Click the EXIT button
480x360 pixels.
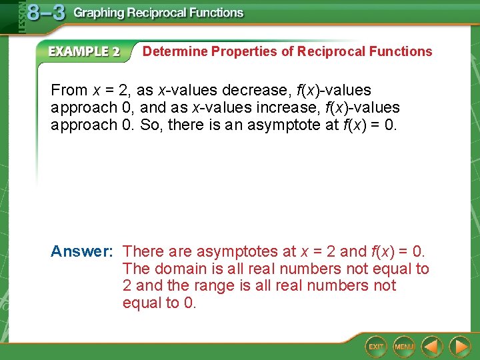[x=377, y=346]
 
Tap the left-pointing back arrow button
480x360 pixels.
[x=432, y=346]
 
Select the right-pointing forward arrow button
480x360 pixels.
[x=459, y=346]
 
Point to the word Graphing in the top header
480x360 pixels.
[x=100, y=13]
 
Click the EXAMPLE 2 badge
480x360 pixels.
[x=83, y=52]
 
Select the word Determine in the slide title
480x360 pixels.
[x=175, y=51]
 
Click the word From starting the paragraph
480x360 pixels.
[x=69, y=90]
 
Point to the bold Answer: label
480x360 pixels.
[x=82, y=251]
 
